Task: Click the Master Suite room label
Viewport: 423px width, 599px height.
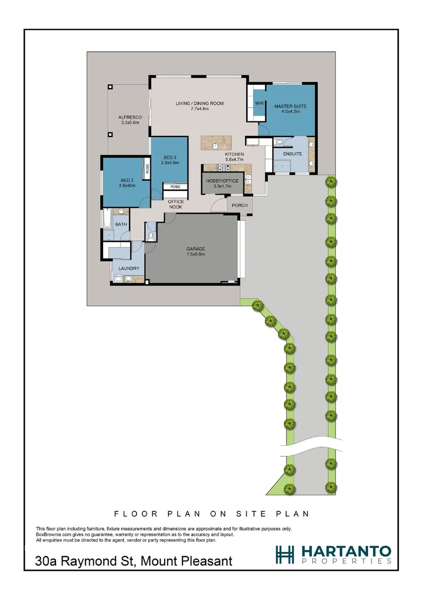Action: coord(290,106)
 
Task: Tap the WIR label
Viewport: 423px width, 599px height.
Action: coord(258,103)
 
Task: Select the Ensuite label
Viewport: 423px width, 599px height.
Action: coord(292,154)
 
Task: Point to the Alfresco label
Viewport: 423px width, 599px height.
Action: coord(130,118)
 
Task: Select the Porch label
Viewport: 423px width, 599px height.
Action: coord(240,205)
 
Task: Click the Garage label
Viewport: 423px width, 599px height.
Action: coord(195,249)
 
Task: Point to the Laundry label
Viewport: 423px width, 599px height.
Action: coord(128,268)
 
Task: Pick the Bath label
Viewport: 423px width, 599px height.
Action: coord(121,224)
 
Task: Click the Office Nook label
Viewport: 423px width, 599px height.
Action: coord(176,204)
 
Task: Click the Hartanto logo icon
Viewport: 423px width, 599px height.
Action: coord(286,554)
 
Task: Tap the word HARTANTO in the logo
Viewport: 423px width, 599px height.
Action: coord(346,551)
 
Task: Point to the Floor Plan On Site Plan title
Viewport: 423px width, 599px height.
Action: coord(211,514)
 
